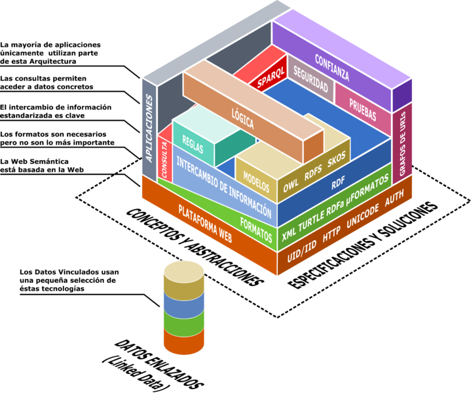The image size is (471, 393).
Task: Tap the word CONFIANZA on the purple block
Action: (332, 68)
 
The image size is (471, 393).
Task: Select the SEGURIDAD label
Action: (311, 79)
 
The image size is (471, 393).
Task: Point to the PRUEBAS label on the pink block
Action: (362, 110)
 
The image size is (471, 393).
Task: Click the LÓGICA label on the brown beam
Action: (243, 119)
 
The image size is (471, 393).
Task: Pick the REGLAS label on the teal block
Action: (193, 144)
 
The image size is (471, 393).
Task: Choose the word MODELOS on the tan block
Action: (256, 182)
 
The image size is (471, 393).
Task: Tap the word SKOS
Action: (337, 159)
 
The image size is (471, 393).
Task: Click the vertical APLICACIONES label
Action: (149, 128)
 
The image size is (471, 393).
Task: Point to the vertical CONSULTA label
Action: (164, 159)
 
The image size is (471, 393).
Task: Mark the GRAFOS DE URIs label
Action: (402, 144)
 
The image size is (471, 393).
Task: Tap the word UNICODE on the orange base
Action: (362, 217)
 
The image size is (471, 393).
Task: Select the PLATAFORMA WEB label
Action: (205, 224)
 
